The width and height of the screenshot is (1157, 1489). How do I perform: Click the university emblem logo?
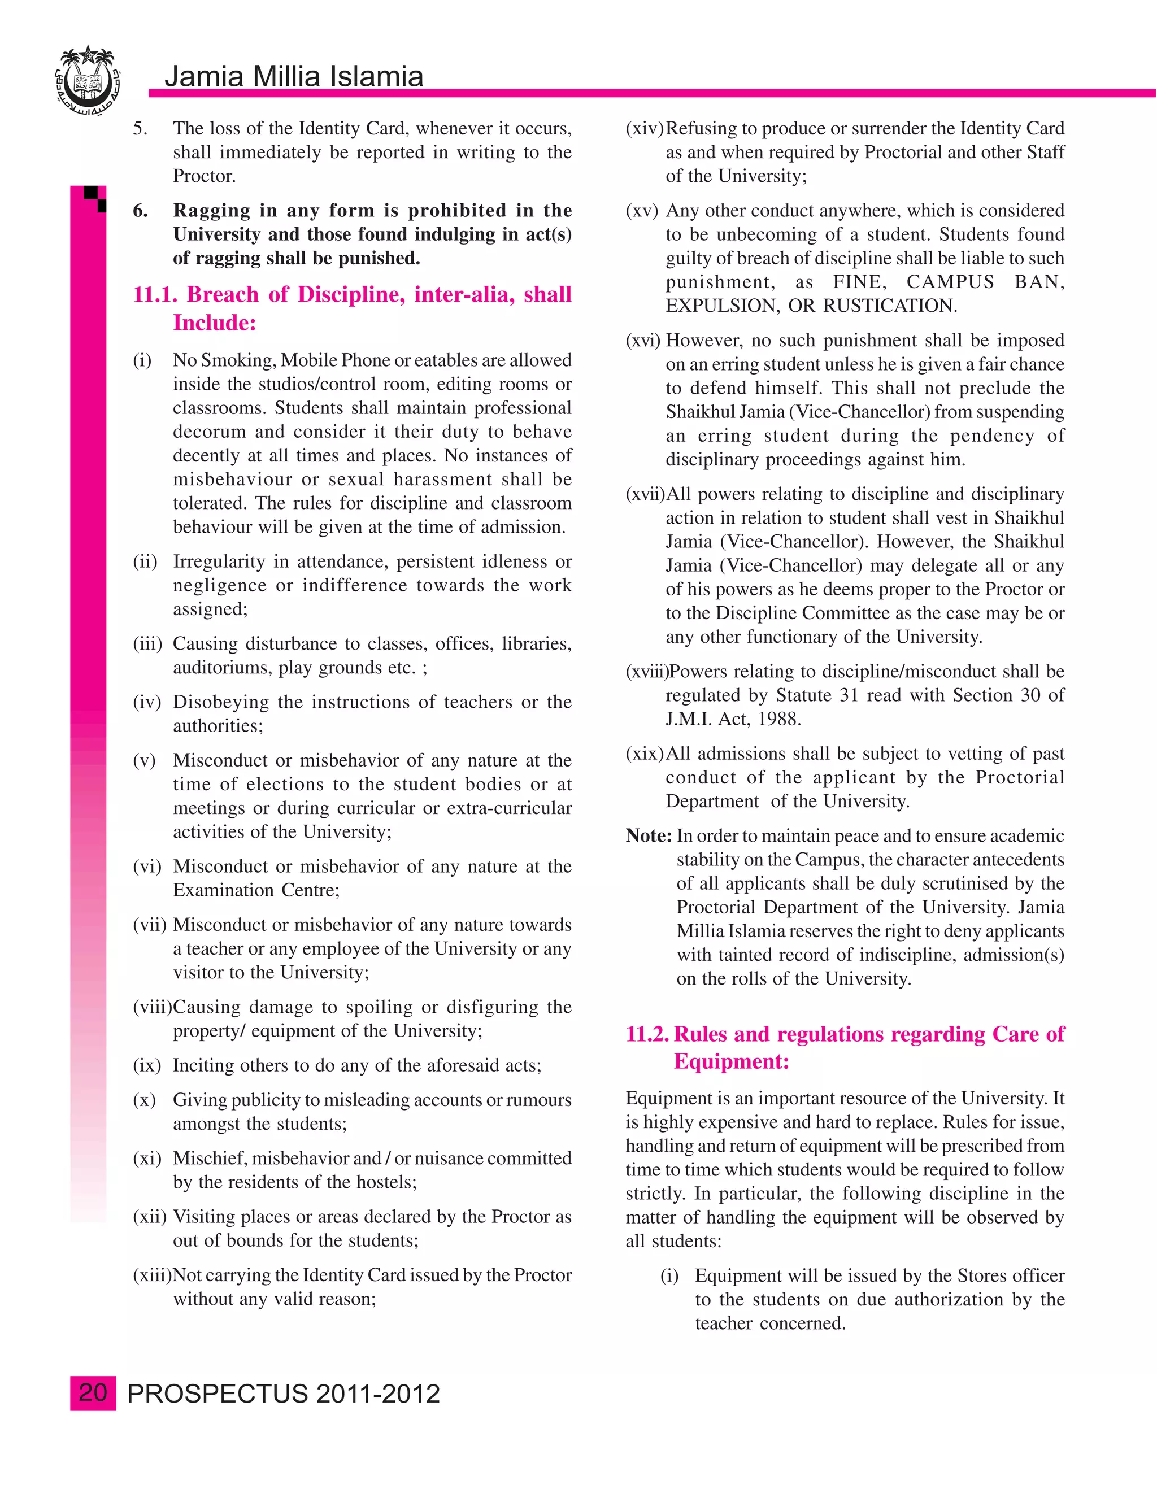[86, 80]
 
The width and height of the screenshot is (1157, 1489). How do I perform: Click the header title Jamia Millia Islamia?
[294, 76]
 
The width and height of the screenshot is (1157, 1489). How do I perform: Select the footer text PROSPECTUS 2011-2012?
[284, 1394]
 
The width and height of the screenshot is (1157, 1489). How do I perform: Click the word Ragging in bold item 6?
[211, 210]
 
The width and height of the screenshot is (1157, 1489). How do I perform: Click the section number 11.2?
[647, 1034]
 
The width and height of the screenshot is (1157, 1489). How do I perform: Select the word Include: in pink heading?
[214, 323]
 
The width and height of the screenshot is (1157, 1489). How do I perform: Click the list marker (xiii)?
[152, 1275]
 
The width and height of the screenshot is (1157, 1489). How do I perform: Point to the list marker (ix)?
[146, 1065]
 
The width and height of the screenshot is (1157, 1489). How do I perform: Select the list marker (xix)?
[644, 754]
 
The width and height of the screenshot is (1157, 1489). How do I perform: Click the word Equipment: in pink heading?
[731, 1061]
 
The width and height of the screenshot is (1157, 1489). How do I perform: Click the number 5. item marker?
[139, 128]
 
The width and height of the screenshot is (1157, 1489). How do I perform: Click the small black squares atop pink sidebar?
[96, 198]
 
